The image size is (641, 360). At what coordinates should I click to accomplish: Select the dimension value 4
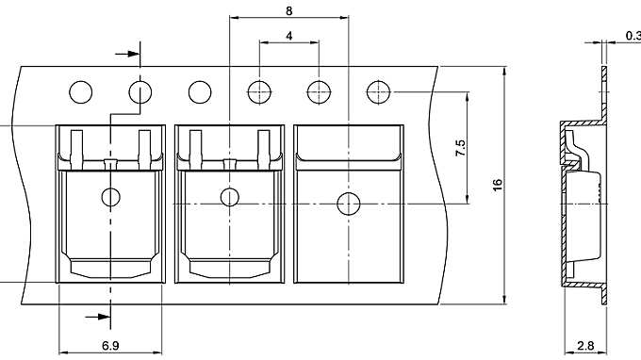click(288, 36)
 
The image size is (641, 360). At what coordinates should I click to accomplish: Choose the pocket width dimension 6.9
click(110, 346)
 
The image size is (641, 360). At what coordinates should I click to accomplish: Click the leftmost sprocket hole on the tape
click(80, 92)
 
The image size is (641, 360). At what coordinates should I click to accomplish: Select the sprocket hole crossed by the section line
click(140, 92)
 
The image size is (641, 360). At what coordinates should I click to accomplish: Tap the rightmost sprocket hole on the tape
click(379, 92)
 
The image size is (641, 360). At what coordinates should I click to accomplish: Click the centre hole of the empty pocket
click(349, 204)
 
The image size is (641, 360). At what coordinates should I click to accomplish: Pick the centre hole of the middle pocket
click(228, 197)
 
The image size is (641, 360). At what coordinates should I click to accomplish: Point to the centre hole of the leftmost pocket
click(110, 197)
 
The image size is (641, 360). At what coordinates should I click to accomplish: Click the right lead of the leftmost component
click(145, 147)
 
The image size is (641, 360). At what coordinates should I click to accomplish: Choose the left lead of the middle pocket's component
click(196, 147)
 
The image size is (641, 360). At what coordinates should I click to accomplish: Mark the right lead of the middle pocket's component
click(266, 147)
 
